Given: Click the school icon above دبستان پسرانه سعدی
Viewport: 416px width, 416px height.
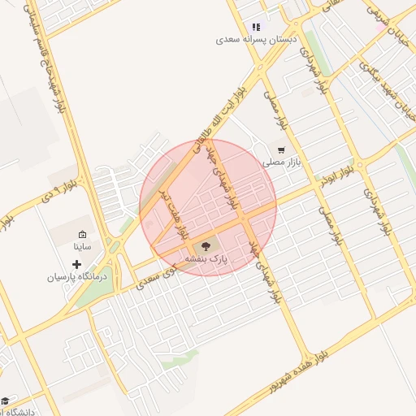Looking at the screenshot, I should coord(257,27).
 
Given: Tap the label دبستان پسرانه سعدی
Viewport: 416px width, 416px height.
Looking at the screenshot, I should coord(257,39).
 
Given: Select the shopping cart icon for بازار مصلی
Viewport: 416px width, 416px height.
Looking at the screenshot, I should coord(281,150).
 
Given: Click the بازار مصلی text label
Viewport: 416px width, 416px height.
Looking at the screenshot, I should coord(281,162).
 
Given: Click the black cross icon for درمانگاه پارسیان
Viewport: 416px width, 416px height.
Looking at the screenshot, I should coord(77,264).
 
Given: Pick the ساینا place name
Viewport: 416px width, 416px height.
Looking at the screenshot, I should coord(82,245).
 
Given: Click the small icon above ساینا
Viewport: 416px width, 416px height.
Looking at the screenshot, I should coord(82,234).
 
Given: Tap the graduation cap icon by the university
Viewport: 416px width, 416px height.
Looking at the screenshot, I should coord(5,401).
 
